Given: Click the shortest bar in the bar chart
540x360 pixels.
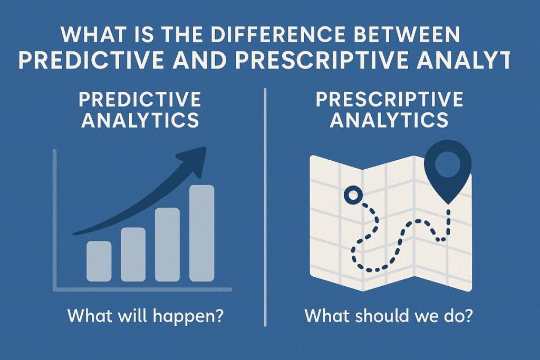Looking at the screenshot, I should coord(99,261).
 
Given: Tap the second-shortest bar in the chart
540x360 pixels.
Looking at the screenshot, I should coord(133,254).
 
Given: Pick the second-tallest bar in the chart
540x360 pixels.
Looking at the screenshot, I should coord(167,244).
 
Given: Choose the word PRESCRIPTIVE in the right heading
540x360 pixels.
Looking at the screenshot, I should coord(389,99).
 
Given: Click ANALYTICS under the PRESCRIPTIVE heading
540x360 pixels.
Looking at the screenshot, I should coord(389,120).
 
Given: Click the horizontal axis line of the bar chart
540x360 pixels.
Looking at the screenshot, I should coord(142,289).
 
